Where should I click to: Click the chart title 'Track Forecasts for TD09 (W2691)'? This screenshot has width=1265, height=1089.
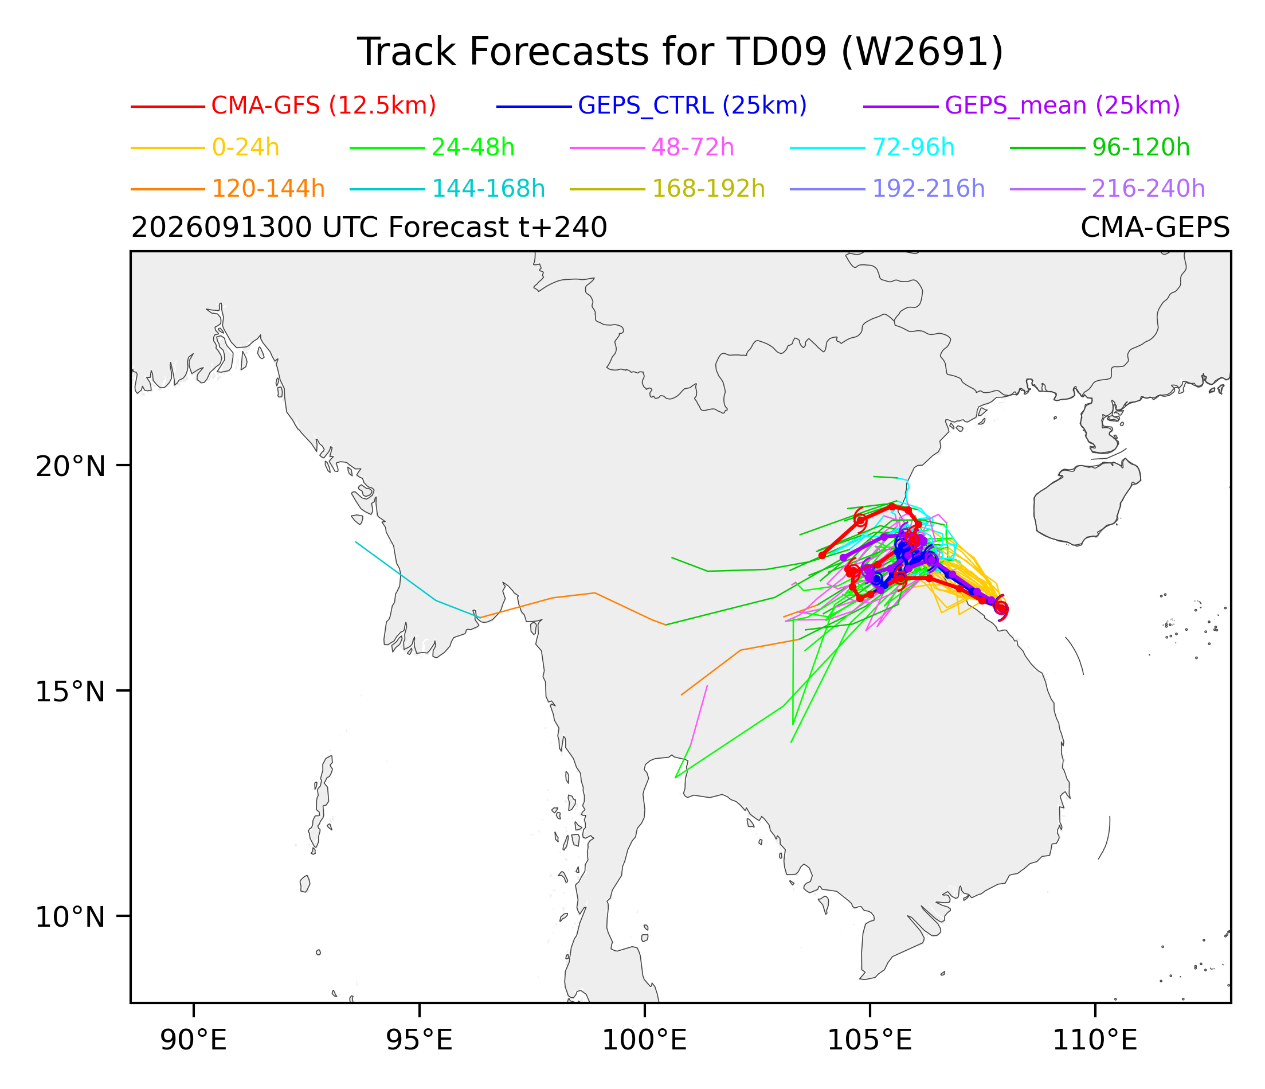click(680, 52)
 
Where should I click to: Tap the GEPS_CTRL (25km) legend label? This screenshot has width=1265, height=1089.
click(692, 106)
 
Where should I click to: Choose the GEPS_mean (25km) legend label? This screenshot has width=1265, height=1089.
click(1062, 106)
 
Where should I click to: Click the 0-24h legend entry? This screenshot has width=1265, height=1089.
click(245, 148)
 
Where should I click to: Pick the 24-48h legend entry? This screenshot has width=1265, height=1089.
click(473, 148)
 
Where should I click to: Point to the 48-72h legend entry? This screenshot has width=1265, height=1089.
click(693, 148)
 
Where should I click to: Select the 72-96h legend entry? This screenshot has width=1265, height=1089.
click(913, 148)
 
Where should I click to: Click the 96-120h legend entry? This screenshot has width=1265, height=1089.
click(1141, 148)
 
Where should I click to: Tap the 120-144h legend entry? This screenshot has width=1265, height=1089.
click(268, 189)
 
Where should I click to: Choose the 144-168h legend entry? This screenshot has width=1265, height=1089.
click(488, 189)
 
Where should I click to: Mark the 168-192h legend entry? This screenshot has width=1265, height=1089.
click(708, 189)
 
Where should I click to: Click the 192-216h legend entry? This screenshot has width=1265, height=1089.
click(929, 189)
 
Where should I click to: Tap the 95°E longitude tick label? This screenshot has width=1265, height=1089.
click(420, 1041)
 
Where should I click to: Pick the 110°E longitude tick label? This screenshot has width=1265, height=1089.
click(1095, 1041)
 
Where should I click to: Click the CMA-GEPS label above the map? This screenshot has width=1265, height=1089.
click(1155, 228)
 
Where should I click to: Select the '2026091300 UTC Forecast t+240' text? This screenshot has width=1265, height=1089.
click(369, 228)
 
